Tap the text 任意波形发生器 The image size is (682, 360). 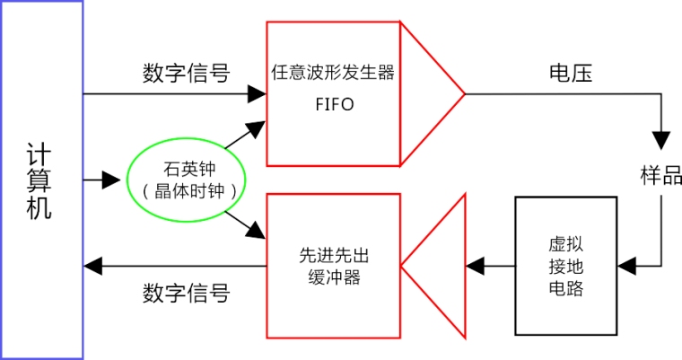332,72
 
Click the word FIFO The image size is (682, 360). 333,104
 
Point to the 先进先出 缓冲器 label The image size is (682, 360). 333,266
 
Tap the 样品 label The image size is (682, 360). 660,175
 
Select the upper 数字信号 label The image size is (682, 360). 186,73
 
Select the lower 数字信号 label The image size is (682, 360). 186,293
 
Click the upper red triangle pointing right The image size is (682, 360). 431,93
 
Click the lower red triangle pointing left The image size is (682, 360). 435,266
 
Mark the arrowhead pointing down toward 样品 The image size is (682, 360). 661,140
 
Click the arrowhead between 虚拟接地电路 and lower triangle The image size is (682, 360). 477,265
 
